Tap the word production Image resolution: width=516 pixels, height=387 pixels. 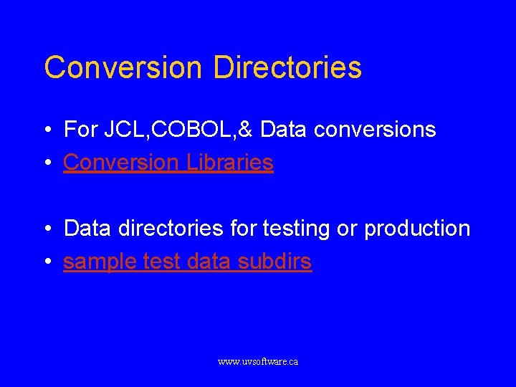(x=417, y=229)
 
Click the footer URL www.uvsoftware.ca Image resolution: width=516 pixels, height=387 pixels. (x=258, y=362)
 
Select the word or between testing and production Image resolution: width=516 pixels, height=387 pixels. (x=347, y=229)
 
